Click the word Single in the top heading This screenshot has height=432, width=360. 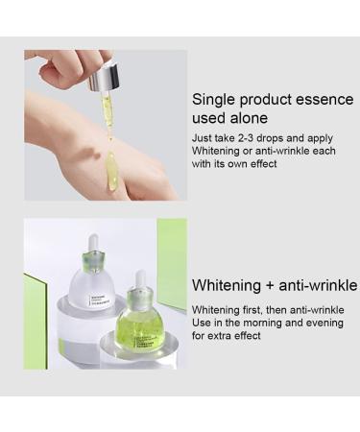214,100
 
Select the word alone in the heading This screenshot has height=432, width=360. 249,118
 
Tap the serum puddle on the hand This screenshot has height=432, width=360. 111,171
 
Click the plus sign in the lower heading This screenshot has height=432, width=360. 270,285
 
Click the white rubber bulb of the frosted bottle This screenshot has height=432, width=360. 93,243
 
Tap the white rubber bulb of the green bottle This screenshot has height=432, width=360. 140,279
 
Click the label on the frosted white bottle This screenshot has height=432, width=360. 100,300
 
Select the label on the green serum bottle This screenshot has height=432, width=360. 146,342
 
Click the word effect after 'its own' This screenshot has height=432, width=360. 263,164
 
